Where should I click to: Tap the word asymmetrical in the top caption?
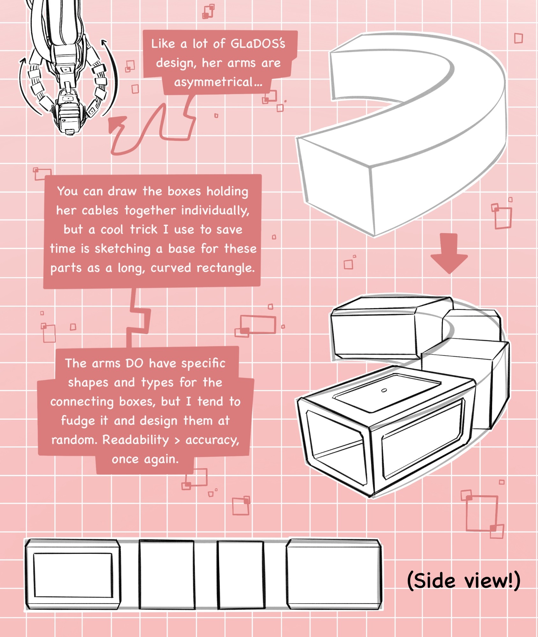(214, 82)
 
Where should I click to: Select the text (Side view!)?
(464, 580)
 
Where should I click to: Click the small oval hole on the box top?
(384, 390)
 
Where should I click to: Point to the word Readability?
(135, 440)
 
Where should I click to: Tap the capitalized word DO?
(134, 363)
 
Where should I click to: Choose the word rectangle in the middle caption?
(226, 268)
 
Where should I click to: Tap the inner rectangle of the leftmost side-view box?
(73, 575)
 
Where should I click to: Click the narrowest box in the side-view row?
(241, 575)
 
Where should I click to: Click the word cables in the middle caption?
(100, 211)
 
